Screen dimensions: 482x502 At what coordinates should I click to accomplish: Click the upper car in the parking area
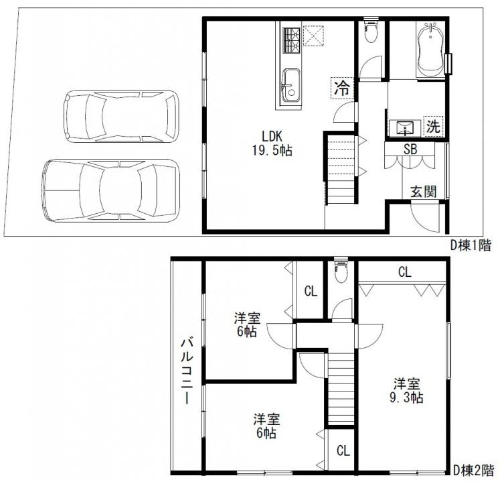click(122, 115)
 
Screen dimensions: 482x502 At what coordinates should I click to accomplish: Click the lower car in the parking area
click(111, 190)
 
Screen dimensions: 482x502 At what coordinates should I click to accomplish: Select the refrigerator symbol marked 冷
click(342, 87)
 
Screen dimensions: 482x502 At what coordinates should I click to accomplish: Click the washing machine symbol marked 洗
click(434, 125)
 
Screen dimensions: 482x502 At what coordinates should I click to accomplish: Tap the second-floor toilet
click(341, 272)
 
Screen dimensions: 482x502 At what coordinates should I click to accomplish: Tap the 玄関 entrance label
click(423, 191)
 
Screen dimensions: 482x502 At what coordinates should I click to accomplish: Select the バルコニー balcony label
click(186, 371)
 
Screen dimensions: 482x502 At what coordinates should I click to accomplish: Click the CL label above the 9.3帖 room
click(404, 272)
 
